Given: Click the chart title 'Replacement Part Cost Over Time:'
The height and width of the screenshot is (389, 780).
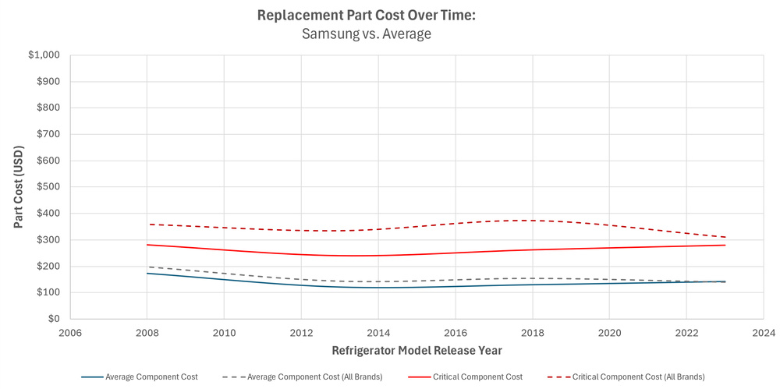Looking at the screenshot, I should pyautogui.click(x=366, y=16).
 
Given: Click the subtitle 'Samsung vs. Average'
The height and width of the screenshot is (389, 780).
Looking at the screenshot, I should pyautogui.click(x=366, y=34).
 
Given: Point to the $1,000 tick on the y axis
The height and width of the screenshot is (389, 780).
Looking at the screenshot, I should pyautogui.click(x=44, y=55).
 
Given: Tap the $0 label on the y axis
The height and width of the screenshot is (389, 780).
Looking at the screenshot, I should pyautogui.click(x=54, y=319).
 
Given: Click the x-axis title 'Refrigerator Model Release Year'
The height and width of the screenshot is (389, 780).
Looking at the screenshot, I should pyautogui.click(x=417, y=350).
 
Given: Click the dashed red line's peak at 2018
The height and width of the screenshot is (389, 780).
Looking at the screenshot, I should pyautogui.click(x=532, y=221).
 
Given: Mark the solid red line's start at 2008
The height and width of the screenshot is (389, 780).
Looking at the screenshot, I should pyautogui.click(x=147, y=245).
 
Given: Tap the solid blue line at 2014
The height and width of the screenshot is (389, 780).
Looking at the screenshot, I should pyautogui.click(x=378, y=288).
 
